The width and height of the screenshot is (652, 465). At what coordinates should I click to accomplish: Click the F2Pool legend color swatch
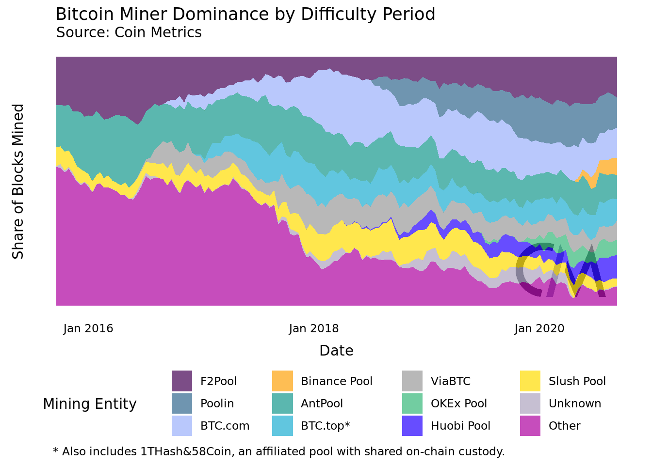tap(182, 381)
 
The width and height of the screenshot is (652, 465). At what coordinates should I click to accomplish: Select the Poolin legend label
tap(217, 403)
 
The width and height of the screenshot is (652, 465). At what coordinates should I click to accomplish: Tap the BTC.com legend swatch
tap(182, 426)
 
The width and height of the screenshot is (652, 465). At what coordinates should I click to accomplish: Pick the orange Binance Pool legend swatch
tap(282, 381)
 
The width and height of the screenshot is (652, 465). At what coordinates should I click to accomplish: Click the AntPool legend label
tap(322, 403)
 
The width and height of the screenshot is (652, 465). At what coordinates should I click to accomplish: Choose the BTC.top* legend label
tap(325, 426)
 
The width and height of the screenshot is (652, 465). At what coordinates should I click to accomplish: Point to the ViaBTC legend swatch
tap(412, 381)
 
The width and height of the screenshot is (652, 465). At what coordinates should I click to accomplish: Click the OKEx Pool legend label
tap(458, 403)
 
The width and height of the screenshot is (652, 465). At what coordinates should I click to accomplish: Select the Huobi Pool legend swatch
tap(412, 426)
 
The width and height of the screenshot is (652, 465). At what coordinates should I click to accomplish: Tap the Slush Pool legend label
tap(577, 381)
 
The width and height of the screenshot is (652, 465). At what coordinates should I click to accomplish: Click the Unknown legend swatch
tap(530, 403)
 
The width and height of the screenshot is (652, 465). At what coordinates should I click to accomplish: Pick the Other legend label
tap(564, 426)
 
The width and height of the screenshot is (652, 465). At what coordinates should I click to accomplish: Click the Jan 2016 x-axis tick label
tap(88, 328)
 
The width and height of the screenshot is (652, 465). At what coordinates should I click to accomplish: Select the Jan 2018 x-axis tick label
tap(314, 328)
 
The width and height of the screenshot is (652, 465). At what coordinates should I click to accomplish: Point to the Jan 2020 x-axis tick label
tap(539, 328)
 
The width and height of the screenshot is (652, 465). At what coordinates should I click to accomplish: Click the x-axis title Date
tap(336, 351)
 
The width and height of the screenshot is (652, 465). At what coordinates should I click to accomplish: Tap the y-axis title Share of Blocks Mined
tap(18, 181)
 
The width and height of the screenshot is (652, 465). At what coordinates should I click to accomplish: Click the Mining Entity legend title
tap(90, 404)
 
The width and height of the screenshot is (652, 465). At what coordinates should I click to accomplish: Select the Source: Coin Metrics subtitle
tap(129, 32)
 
